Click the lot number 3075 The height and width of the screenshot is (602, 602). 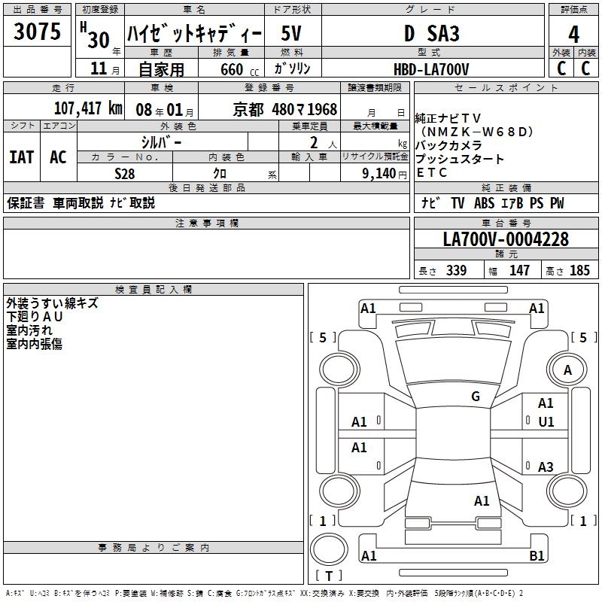point(37,32)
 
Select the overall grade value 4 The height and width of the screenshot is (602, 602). point(574,34)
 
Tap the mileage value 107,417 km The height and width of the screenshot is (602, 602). point(88,108)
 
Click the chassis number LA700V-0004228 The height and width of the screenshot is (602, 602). point(506,239)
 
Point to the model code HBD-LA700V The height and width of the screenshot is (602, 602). point(431,69)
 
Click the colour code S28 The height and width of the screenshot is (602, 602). point(125,172)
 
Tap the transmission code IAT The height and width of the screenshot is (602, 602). point(22,157)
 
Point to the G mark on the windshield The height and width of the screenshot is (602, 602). point(476,396)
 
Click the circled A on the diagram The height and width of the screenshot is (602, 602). point(568,369)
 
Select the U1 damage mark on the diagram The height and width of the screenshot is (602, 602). point(546,422)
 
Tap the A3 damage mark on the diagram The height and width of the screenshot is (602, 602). point(546,467)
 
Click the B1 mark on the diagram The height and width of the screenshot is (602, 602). point(537,556)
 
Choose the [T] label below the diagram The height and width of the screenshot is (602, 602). point(328,576)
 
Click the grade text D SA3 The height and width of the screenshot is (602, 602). point(431,34)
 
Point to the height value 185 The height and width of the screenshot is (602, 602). point(579,271)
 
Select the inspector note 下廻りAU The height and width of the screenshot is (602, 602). point(35,317)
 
